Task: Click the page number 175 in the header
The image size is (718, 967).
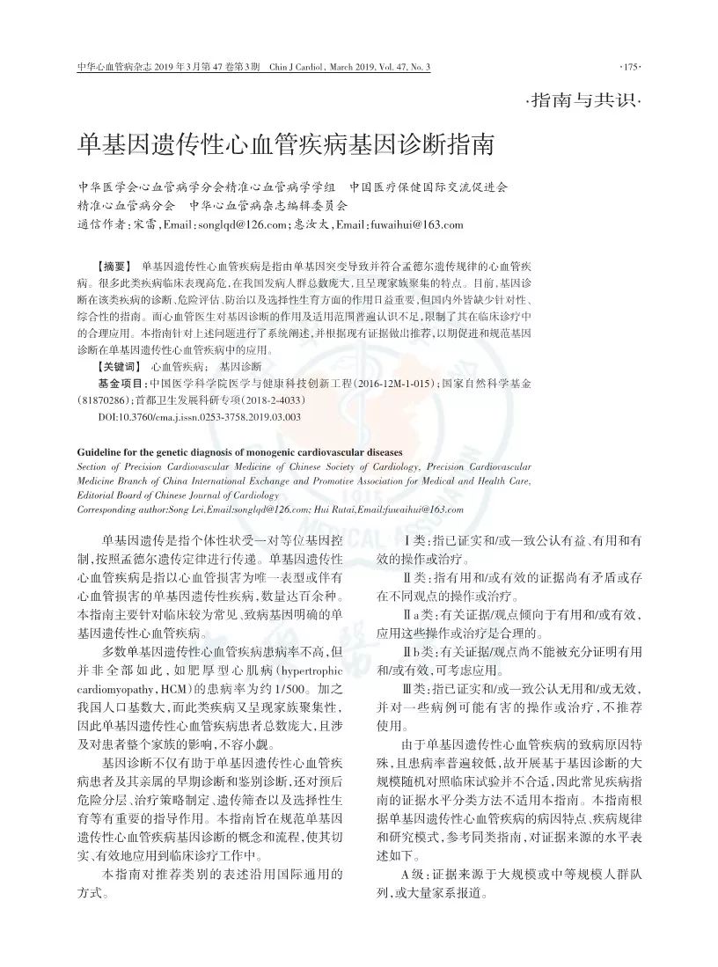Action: point(631,68)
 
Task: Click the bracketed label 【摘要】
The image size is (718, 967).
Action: point(114,266)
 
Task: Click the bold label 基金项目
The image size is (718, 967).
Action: point(123,384)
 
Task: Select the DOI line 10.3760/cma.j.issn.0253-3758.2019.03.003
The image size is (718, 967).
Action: point(199,416)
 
